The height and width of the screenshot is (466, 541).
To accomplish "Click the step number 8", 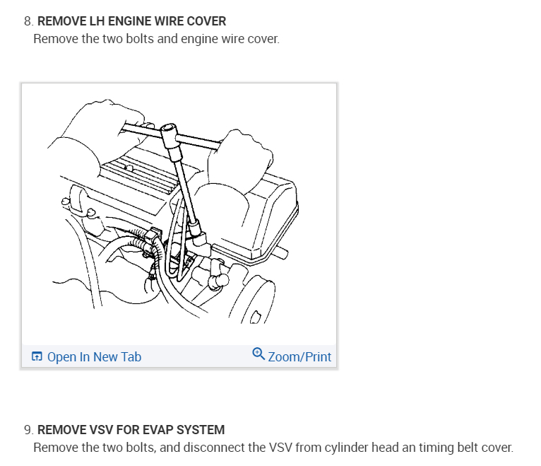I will click(28, 22).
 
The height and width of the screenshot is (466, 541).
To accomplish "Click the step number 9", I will click(28, 430).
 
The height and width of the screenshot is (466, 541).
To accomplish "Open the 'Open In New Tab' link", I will click(94, 357).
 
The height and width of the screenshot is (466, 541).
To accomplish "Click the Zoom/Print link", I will click(299, 357).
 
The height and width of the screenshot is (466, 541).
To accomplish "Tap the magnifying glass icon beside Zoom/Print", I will click(258, 354).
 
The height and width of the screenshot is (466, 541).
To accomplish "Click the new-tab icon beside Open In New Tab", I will click(37, 357).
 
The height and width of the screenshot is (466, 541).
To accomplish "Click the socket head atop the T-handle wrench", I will click(170, 135).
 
